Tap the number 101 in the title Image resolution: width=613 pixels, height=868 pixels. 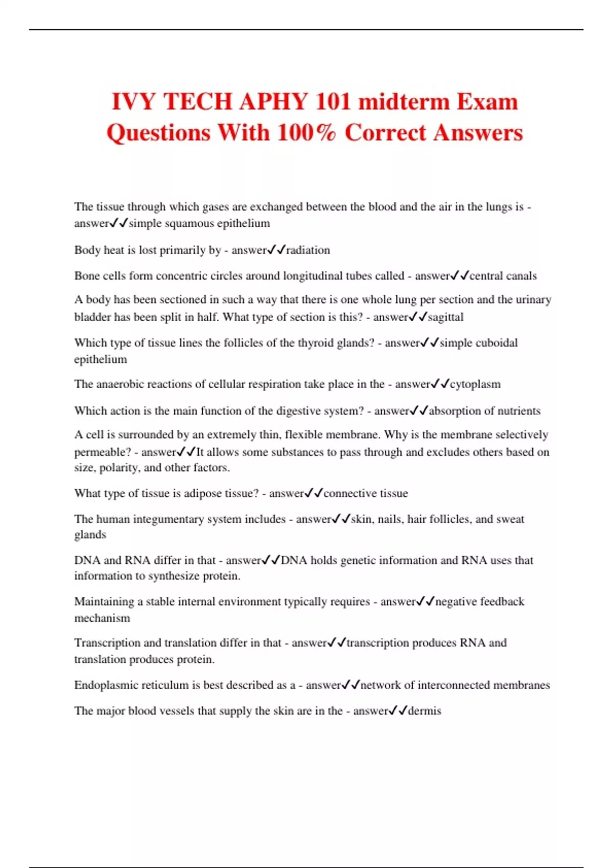(x=333, y=102)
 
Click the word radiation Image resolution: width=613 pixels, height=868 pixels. (x=308, y=250)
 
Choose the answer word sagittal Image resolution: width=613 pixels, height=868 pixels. (x=445, y=317)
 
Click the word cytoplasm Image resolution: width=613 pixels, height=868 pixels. (x=475, y=384)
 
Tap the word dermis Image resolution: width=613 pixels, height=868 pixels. (x=425, y=711)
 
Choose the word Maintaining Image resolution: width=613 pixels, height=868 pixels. (x=104, y=601)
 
